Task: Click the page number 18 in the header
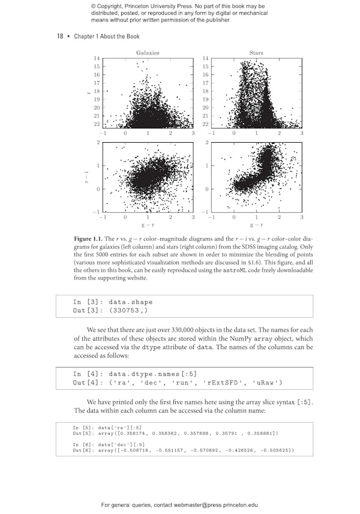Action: (60, 37)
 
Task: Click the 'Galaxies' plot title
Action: (148, 53)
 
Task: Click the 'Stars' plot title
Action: (256, 53)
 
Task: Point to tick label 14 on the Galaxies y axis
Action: (96, 58)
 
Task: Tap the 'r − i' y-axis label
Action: (86, 177)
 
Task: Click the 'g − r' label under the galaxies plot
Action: (148, 225)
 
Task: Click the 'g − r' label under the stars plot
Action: (256, 225)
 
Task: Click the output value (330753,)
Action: (128, 311)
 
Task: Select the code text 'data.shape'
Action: (131, 302)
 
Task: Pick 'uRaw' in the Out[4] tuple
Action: (266, 383)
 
